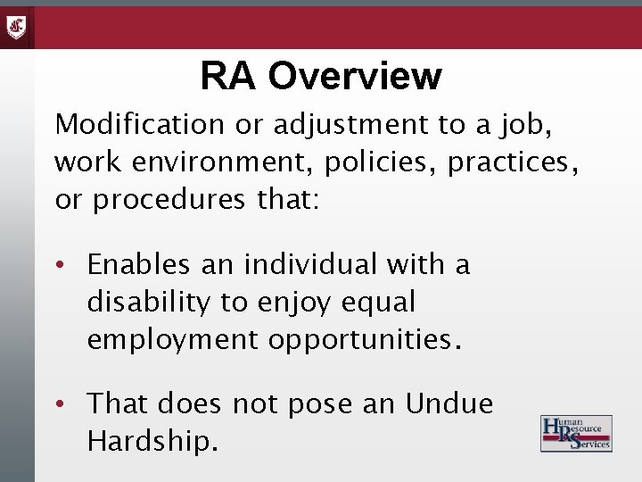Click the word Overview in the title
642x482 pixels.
tap(354, 76)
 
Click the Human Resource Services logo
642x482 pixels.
tap(576, 433)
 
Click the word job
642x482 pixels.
tap(523, 127)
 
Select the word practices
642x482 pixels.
tap(518, 164)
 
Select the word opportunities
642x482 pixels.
tap(367, 341)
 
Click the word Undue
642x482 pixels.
tap(449, 404)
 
